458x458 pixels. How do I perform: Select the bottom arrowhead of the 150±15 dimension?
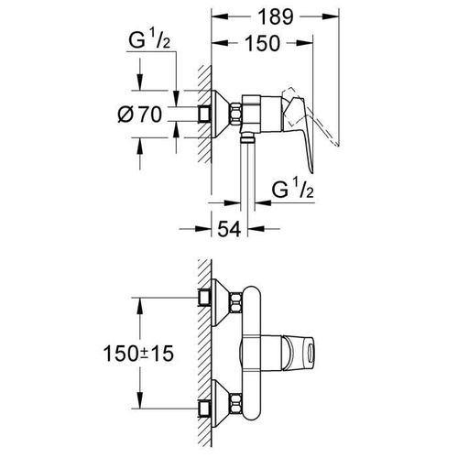click(138, 403)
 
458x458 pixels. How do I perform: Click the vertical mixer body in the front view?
click(256, 353)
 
